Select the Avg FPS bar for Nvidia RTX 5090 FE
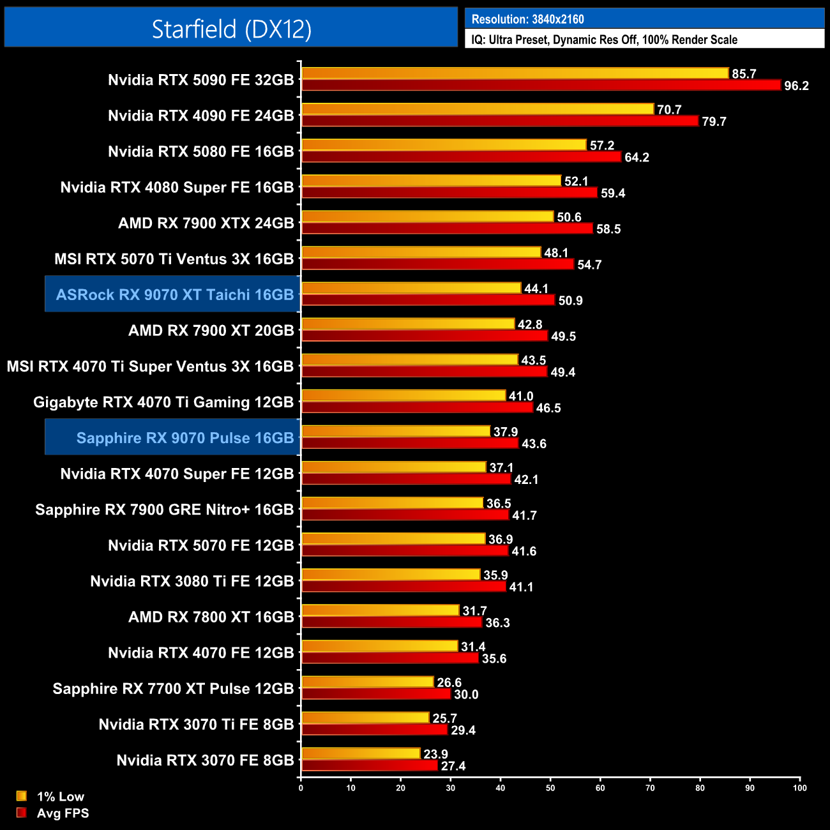coord(540,85)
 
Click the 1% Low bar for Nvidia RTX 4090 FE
coord(478,109)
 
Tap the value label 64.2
coord(637,158)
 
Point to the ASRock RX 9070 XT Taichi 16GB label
coord(174,294)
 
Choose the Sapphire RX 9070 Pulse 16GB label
coord(185,438)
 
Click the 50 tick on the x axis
coord(550,788)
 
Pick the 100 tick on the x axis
coord(799,788)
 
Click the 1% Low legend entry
coord(60,796)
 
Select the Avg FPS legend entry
coord(63,813)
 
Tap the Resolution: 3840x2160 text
coord(528,19)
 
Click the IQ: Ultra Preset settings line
coord(604,40)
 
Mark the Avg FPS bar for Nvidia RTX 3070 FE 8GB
coord(369,766)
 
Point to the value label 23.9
coord(435,755)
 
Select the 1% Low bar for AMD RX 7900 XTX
coord(427,216)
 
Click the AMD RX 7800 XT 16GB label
coord(211,617)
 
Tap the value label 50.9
coord(570,301)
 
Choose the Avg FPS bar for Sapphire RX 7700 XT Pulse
coord(375,694)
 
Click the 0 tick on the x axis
coord(301,788)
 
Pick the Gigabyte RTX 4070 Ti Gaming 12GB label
coord(163,402)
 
